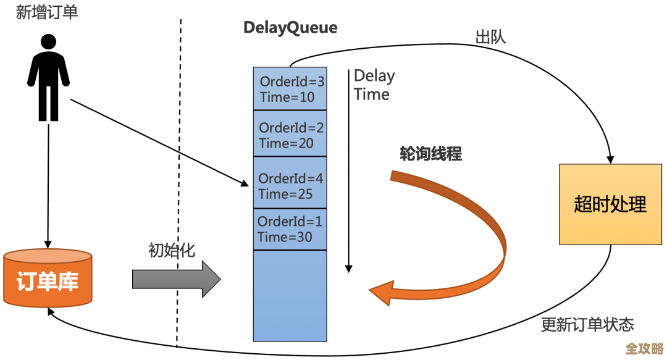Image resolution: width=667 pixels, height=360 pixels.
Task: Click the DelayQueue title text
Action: click(290, 28)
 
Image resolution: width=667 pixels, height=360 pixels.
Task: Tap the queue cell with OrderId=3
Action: click(290, 89)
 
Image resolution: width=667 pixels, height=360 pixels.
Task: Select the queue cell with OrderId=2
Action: click(290, 135)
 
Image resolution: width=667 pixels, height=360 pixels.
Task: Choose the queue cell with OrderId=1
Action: click(290, 229)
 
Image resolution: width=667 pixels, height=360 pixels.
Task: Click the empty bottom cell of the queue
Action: click(290, 295)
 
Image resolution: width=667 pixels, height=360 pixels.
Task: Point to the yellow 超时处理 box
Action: click(610, 204)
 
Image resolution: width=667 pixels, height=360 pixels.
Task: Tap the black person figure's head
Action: click(48, 43)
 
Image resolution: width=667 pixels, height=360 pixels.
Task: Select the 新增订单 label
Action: click(48, 13)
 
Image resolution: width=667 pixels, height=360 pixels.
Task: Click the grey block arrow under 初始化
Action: click(176, 279)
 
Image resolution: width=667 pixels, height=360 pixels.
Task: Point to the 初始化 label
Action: click(172, 250)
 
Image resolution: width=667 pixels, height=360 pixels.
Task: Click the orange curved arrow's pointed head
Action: click(378, 291)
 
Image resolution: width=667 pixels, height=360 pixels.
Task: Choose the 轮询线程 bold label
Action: click(430, 154)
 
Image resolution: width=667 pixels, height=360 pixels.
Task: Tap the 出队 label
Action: click(490, 37)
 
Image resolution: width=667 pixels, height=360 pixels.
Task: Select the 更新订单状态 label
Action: click(587, 324)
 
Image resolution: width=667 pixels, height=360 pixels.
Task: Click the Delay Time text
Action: click(373, 85)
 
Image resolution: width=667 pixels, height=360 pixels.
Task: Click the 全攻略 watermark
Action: click(645, 348)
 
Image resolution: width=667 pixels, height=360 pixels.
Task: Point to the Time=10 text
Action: click(287, 97)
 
